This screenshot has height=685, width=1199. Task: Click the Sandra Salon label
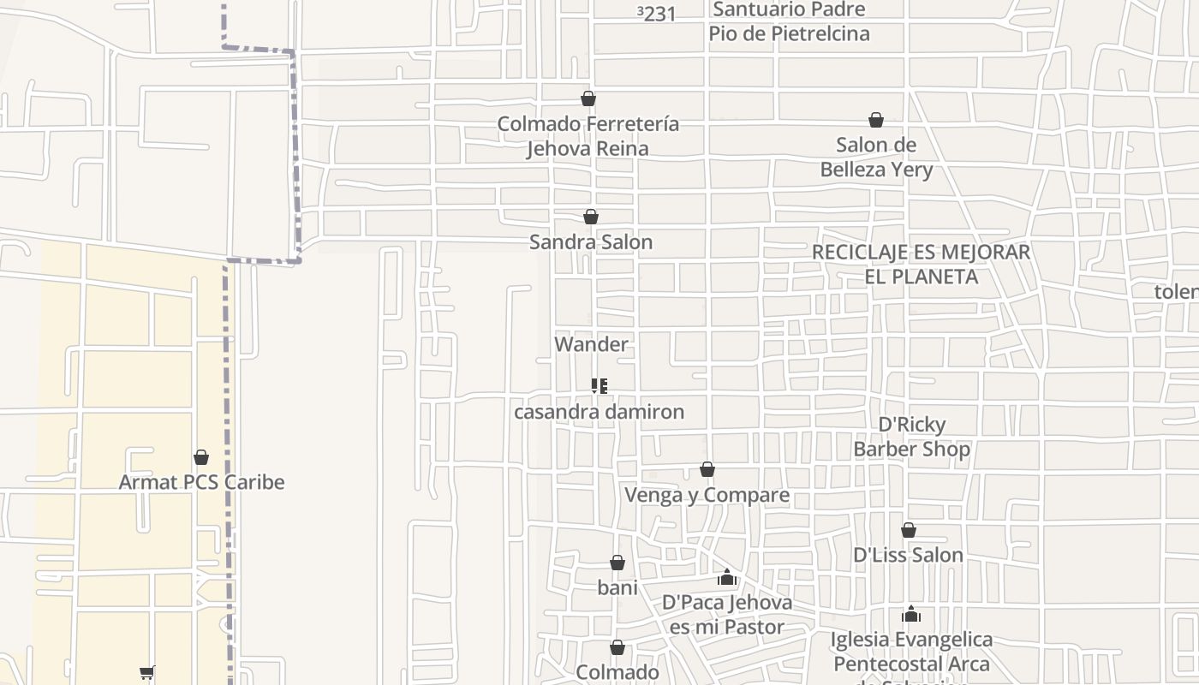coord(591,242)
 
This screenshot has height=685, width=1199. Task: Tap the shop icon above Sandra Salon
coord(591,217)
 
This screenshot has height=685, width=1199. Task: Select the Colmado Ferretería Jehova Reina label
coord(588,136)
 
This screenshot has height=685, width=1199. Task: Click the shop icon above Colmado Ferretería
coord(588,98)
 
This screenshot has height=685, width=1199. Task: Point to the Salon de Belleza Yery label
coord(876,158)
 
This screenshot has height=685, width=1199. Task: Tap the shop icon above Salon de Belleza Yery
coord(876,120)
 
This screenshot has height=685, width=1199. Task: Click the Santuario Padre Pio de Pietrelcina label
coord(789,21)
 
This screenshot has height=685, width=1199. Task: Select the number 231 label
coord(658,14)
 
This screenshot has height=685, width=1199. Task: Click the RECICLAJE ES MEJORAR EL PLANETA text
coord(921,265)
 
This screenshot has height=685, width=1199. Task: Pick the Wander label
coord(591,344)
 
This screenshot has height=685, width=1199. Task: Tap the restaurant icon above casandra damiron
coord(599,386)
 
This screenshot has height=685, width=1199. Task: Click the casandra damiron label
coord(599,412)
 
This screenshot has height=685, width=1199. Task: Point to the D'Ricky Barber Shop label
coord(912,437)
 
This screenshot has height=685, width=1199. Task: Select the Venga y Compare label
coord(707,495)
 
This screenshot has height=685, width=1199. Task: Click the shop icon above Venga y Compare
coord(707,469)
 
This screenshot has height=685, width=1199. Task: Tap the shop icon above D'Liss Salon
coord(909,530)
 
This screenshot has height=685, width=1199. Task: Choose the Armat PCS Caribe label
coord(201,482)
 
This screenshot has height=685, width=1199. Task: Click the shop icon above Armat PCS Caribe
coord(201,457)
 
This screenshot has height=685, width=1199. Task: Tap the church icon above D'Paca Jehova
coord(727,577)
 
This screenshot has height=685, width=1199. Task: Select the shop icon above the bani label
coord(617,563)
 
